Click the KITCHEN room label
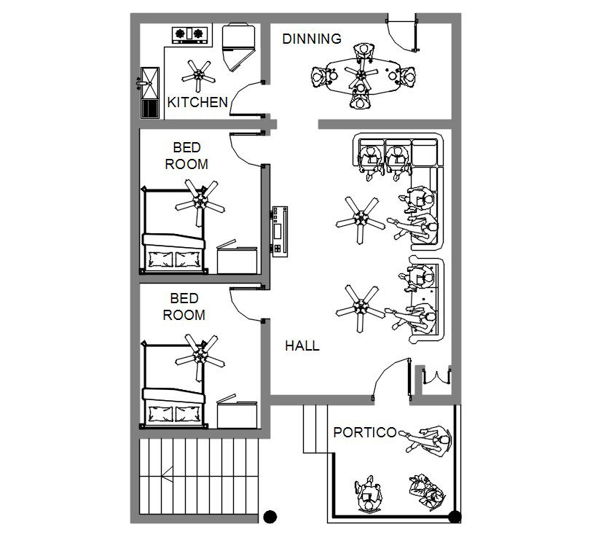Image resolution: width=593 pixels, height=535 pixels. pyautogui.click(x=197, y=103)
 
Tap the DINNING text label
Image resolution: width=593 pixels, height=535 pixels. pyautogui.click(x=312, y=39)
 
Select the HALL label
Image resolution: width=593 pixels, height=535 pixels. pyautogui.click(x=302, y=345)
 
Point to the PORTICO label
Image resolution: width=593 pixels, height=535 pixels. pyautogui.click(x=364, y=432)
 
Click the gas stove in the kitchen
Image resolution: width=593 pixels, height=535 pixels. pyautogui.click(x=189, y=33)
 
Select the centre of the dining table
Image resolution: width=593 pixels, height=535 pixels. pyautogui.click(x=361, y=74)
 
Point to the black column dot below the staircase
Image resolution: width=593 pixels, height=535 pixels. pyautogui.click(x=270, y=517)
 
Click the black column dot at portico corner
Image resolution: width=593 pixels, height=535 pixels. pyautogui.click(x=455, y=517)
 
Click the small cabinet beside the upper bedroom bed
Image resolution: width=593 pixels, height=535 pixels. pyautogui.click(x=237, y=258)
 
